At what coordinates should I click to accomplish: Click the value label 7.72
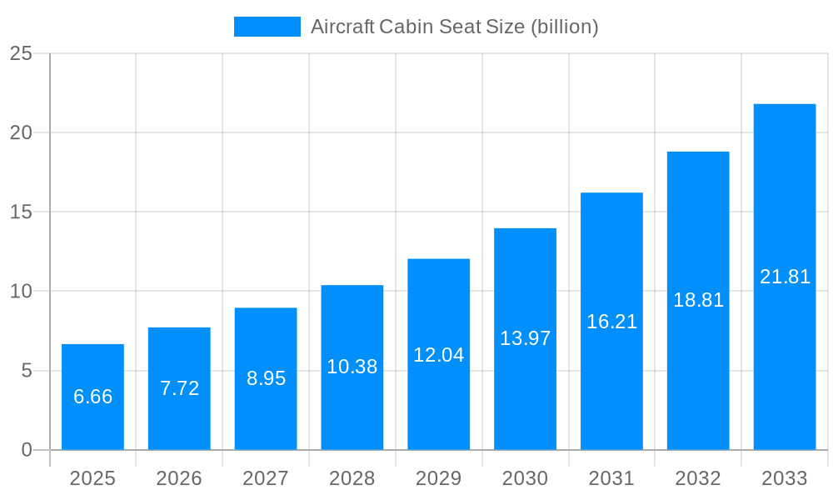click(x=179, y=388)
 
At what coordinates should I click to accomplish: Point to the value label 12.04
click(x=439, y=355)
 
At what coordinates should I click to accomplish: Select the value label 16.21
click(x=611, y=322)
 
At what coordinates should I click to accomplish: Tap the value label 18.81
click(x=698, y=300)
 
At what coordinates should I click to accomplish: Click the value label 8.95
click(x=266, y=378)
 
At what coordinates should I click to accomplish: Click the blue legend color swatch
click(x=267, y=27)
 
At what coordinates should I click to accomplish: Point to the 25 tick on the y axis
click(x=21, y=53)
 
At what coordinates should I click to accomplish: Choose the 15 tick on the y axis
click(x=21, y=212)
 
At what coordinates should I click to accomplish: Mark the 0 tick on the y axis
click(x=26, y=450)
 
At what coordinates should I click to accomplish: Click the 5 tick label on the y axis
click(x=26, y=371)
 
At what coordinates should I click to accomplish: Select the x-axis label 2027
click(x=266, y=478)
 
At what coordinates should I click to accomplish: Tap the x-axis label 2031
click(x=611, y=478)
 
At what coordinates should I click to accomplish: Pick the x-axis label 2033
click(x=785, y=478)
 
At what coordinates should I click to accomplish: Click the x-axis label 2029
click(x=439, y=478)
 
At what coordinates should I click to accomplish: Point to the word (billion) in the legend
click(x=564, y=27)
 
